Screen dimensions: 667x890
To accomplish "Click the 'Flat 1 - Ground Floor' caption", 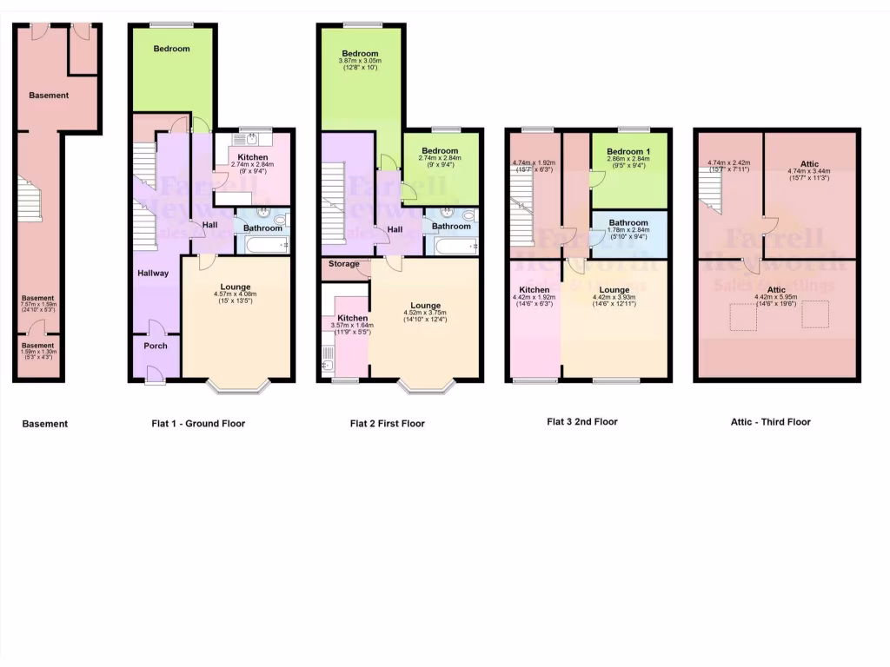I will [x=197, y=424].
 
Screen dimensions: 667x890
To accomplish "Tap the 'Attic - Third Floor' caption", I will [x=770, y=422].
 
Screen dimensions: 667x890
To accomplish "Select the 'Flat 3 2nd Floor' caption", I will [x=581, y=422].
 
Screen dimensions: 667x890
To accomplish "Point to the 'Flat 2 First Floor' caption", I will [x=387, y=424].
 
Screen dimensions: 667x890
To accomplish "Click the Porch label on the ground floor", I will [x=155, y=346].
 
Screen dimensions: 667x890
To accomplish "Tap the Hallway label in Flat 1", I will [x=153, y=273].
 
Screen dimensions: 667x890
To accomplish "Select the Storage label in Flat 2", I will [x=343, y=263].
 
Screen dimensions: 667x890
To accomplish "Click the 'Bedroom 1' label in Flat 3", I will [x=628, y=151].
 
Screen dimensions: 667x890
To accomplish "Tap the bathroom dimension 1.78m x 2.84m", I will [x=629, y=231].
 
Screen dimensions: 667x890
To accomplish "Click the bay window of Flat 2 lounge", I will [x=426, y=386].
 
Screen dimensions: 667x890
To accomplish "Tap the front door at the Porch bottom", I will [x=154, y=373].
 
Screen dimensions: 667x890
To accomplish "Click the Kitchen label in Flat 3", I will [x=534, y=290].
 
